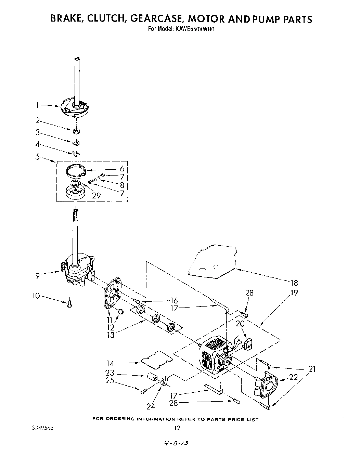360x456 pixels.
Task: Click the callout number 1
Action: coord(38,105)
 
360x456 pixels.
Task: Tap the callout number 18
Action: coord(294,283)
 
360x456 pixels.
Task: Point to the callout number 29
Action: coord(96,195)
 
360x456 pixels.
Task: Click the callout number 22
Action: coord(294,377)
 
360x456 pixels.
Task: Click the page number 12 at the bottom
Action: coord(177,428)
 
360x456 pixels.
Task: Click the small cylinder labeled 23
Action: coord(152,378)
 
